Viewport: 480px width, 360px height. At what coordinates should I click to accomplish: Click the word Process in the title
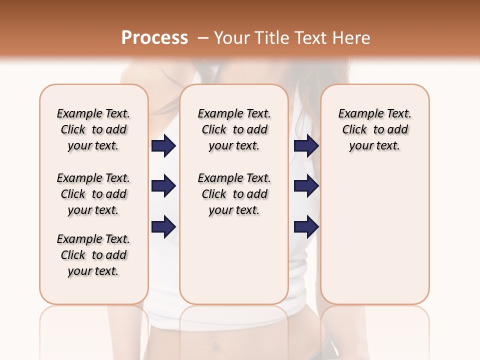154,38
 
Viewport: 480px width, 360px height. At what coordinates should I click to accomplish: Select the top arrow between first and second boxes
163,146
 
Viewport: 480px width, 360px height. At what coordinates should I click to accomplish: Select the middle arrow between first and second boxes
163,186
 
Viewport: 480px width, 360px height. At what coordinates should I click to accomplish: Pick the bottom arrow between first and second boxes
163,227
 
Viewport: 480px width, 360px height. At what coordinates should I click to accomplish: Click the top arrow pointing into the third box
306,146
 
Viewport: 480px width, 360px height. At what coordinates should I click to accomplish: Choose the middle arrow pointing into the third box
306,186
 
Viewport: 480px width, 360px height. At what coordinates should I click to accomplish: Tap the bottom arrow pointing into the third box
306,227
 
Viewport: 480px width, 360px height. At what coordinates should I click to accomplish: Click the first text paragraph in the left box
93,129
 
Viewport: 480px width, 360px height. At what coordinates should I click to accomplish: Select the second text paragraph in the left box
93,194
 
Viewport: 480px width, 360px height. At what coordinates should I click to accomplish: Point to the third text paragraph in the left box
93,255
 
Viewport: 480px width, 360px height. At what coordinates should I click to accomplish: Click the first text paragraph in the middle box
234,129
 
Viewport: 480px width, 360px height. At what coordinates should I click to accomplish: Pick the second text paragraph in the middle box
234,194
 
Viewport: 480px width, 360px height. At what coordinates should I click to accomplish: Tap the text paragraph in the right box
375,129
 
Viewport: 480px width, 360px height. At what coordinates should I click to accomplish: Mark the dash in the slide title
202,38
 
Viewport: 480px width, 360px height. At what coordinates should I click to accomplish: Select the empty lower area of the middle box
234,260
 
